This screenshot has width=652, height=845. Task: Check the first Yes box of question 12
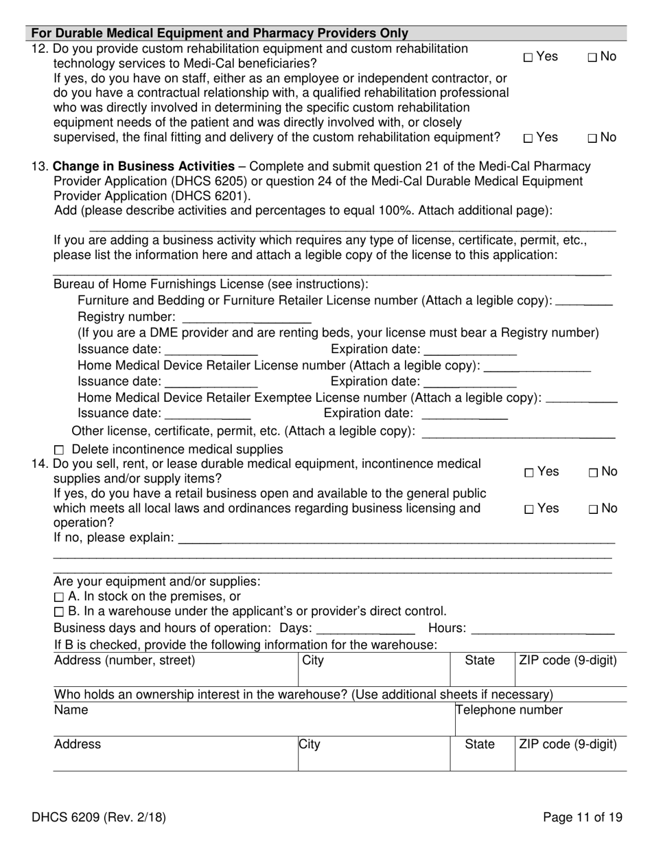point(528,58)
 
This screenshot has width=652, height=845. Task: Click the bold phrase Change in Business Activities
point(143,166)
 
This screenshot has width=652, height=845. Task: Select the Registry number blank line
point(247,318)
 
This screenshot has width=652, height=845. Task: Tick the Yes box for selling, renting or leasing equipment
point(528,473)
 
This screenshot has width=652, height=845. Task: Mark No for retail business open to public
point(592,510)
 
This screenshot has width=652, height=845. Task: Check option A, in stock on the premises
point(58,597)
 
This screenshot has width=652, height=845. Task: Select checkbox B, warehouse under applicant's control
point(58,612)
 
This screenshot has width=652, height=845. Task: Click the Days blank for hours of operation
point(366,628)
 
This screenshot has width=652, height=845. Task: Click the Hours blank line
point(543,628)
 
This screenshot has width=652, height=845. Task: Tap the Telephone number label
point(509,710)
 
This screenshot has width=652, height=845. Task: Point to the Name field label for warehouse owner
point(71,710)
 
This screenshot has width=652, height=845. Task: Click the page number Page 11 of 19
point(582,818)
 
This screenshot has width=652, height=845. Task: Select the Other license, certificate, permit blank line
point(517,432)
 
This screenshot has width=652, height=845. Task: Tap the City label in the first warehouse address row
point(313,661)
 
